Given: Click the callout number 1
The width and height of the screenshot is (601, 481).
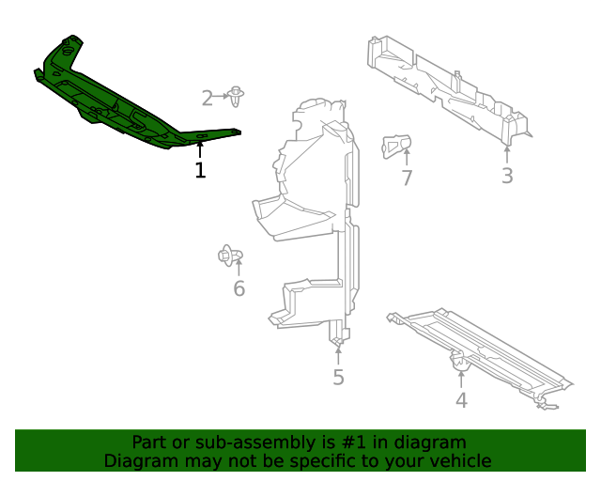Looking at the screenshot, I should tap(199, 170).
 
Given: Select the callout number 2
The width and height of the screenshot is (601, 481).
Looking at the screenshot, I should tap(208, 98).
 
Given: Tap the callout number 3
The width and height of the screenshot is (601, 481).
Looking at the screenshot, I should tap(507, 175).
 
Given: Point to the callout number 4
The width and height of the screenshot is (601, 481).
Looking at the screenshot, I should tap(461, 400).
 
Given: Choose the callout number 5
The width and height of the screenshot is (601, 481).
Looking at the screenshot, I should tap(338, 378).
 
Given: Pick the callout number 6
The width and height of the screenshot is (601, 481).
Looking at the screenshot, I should tap(239, 288).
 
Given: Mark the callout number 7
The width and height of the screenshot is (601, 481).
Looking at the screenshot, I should tap(407, 178).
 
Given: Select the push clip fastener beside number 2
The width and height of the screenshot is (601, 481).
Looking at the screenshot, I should tap(236, 94).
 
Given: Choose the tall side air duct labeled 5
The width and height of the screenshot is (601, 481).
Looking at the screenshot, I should tap(315, 216).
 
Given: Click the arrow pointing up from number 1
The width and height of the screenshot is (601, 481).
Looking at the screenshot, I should tap(199, 150).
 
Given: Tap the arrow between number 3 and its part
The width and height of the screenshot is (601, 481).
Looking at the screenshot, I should tap(507, 154).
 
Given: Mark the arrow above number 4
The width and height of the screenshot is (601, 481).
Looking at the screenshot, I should tap(461, 379).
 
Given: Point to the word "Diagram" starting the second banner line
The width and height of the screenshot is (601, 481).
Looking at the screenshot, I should tap(139, 460).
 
